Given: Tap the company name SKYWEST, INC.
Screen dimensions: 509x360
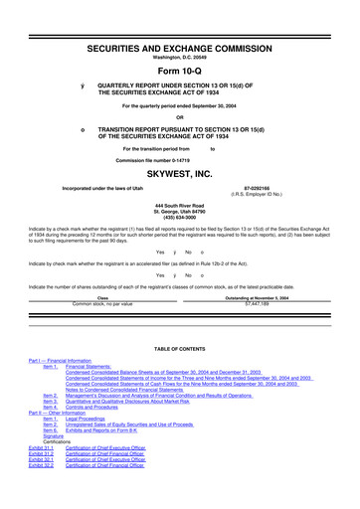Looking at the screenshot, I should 180,172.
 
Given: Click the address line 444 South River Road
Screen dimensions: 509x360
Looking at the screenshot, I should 180,204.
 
